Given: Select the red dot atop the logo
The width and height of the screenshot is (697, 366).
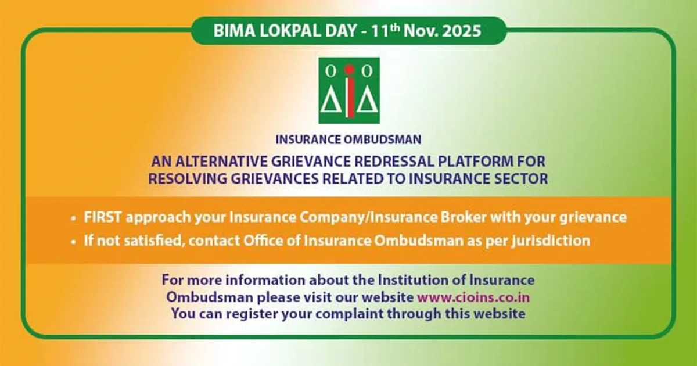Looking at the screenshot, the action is pos(349,69).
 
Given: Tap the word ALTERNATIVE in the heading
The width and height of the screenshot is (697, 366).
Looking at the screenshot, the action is pos(221,162).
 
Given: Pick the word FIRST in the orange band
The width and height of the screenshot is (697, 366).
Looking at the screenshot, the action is pos(102,217).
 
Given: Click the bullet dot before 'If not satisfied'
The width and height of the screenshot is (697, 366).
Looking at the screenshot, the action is pos(73,242).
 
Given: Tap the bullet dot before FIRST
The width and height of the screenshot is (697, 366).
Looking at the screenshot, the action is pos(73,218).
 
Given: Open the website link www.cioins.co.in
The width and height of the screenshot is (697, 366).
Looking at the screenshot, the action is pos(473,297).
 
